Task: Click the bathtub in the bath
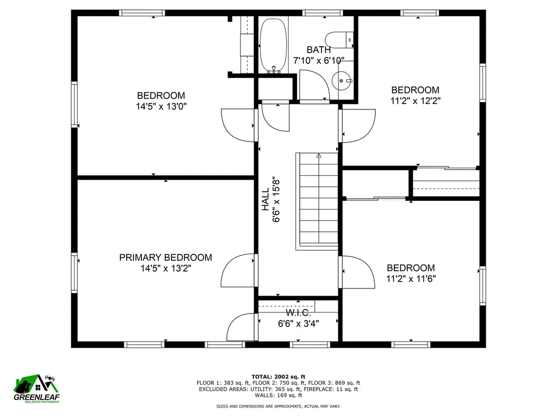click(x=273, y=46)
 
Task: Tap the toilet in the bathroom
click(x=339, y=40)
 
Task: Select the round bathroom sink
click(x=342, y=81)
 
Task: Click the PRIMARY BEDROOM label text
click(x=165, y=257)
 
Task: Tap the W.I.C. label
click(x=298, y=313)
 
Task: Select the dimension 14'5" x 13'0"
click(x=161, y=106)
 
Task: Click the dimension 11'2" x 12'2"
click(x=415, y=101)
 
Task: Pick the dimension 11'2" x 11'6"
click(x=411, y=278)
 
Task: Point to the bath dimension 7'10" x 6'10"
click(x=319, y=60)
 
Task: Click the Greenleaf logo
click(x=36, y=389)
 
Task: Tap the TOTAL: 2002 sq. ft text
click(x=278, y=377)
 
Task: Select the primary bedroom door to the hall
click(x=237, y=270)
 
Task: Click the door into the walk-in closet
click(x=240, y=327)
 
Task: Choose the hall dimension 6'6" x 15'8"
click(x=276, y=201)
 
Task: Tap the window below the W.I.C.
click(x=310, y=344)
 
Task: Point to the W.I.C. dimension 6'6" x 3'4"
click(x=298, y=323)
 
